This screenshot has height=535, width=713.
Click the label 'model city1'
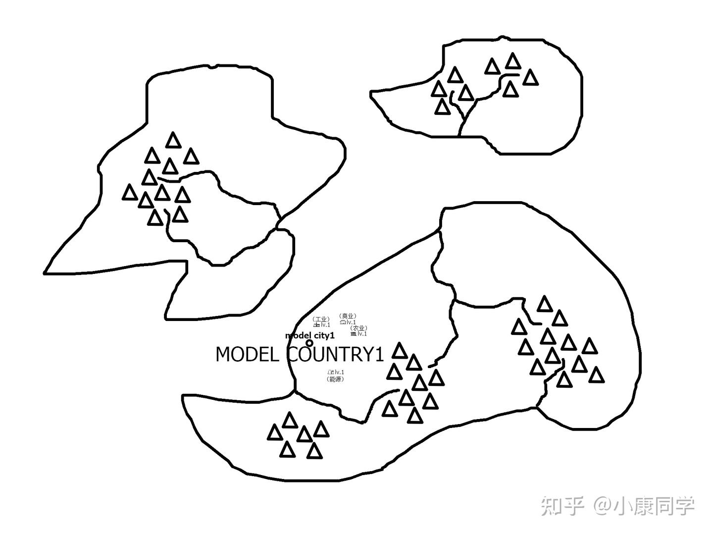(x=309, y=335)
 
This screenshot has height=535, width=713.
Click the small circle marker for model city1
(x=309, y=343)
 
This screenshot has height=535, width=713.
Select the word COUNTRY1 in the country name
(x=336, y=355)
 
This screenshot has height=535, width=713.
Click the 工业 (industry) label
(x=321, y=319)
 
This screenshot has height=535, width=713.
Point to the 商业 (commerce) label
(x=348, y=316)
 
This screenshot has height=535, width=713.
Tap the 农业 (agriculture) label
(x=358, y=328)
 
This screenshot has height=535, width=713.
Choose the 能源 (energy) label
(x=335, y=379)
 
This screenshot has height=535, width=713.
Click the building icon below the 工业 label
(x=316, y=325)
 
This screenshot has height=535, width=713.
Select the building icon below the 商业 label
(x=342, y=322)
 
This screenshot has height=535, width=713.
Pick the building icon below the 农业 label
(x=353, y=334)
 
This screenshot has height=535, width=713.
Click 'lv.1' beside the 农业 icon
(x=362, y=334)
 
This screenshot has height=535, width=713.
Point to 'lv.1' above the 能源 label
(x=339, y=372)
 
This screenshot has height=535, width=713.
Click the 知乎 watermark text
(x=560, y=505)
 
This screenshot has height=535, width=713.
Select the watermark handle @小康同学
(x=644, y=505)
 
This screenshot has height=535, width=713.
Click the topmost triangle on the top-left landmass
(x=173, y=140)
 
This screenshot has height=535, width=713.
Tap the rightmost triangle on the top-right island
(x=530, y=78)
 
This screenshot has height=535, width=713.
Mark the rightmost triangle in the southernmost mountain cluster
(x=322, y=428)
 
